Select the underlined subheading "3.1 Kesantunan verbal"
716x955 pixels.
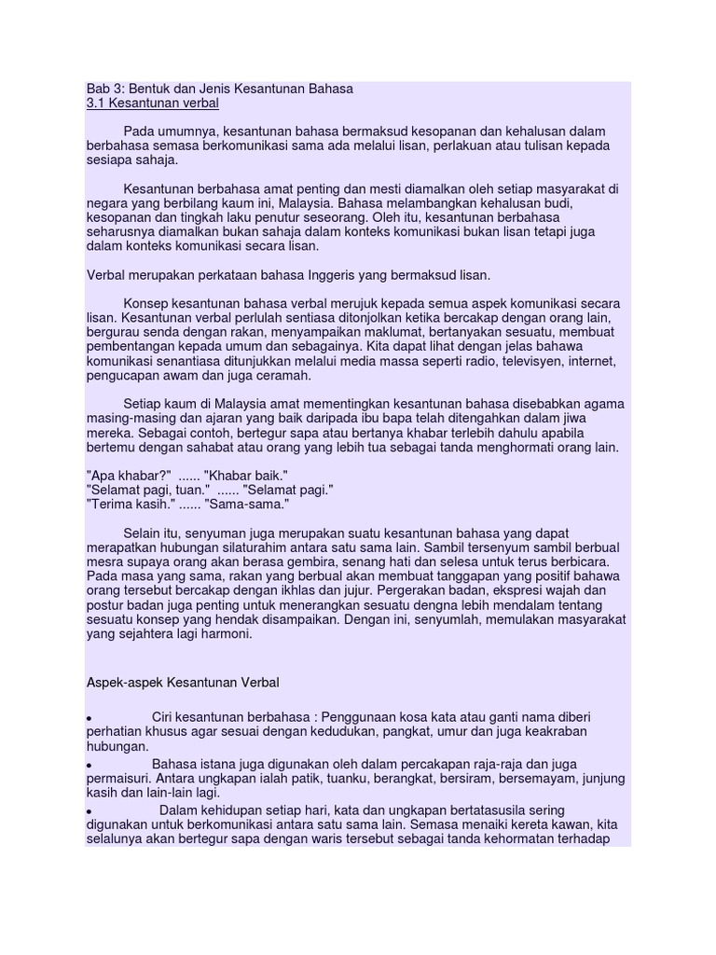point(152,104)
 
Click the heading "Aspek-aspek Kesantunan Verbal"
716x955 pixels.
point(183,683)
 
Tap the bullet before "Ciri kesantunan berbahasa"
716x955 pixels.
point(89,719)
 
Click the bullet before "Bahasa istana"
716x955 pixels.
point(89,765)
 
